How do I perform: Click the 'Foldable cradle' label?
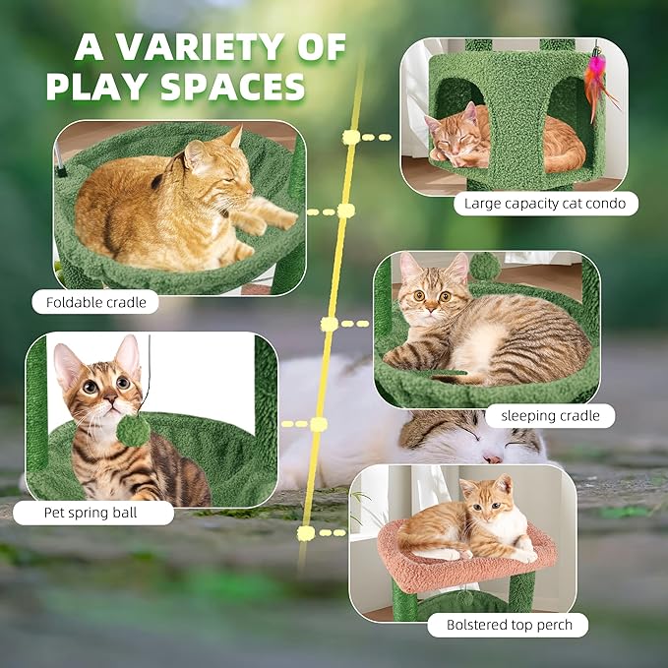coord(95,302)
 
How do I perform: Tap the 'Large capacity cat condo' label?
coord(546,204)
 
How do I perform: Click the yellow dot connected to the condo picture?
coord(350,138)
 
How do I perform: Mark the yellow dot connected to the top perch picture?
coord(306,533)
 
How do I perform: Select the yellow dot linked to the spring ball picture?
coord(318,424)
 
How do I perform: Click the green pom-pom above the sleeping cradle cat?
coord(483,266)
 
